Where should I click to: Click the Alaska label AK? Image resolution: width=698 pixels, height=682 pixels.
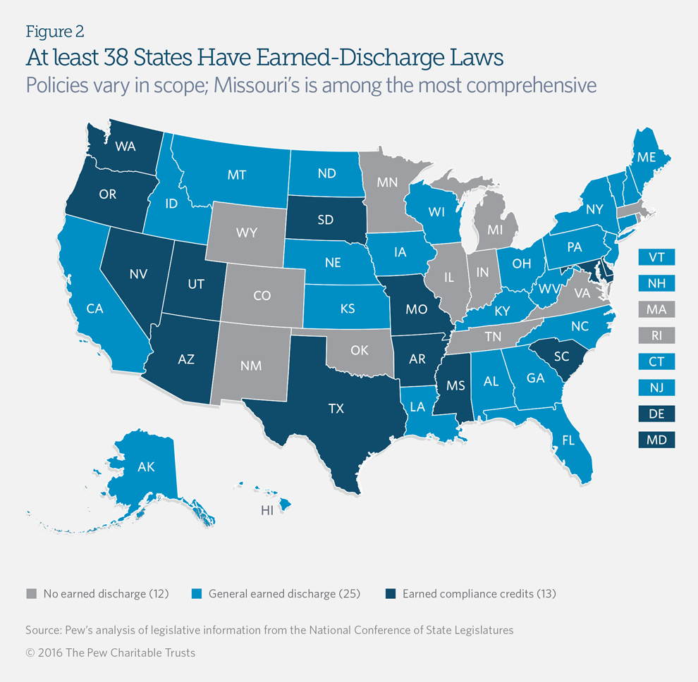(147, 466)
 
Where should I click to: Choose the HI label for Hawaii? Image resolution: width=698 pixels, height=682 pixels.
(267, 512)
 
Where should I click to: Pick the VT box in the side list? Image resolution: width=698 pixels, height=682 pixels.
(656, 256)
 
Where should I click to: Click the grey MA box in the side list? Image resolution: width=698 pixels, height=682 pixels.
(656, 309)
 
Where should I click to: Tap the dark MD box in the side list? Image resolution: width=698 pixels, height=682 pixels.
(656, 440)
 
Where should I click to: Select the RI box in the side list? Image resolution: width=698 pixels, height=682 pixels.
(656, 335)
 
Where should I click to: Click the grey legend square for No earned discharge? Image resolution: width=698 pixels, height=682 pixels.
(31, 593)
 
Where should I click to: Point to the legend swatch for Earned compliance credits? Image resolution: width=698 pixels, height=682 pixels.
(391, 593)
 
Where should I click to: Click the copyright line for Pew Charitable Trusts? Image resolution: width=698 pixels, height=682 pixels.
(111, 652)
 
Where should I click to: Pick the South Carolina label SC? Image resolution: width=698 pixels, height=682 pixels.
(561, 357)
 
